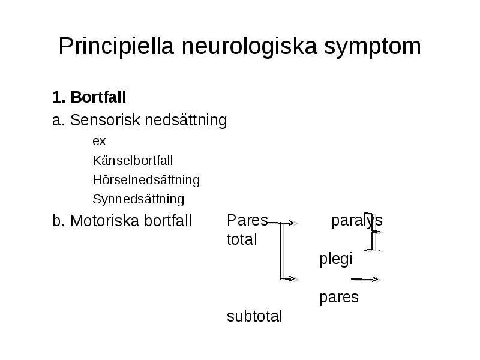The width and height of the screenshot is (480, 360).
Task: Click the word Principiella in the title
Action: [116, 47]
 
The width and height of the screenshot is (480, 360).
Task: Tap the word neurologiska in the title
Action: [249, 47]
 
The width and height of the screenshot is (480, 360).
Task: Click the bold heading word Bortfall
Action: [98, 97]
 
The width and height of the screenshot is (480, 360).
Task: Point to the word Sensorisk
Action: [106, 119]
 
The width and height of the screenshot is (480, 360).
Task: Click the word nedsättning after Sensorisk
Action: [186, 121]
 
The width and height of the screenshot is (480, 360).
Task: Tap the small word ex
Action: [99, 141]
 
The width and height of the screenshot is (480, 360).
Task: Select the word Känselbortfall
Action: [133, 160]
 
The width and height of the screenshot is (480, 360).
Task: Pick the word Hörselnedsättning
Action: [146, 180]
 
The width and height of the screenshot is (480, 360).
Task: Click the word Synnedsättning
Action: [139, 199]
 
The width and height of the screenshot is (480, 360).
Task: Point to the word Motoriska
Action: [104, 221]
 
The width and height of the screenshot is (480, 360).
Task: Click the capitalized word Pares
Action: [247, 220]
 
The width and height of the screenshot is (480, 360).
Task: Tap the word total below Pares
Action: [242, 239]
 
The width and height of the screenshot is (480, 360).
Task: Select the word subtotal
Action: [254, 316]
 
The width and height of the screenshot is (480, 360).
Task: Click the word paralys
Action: [357, 220]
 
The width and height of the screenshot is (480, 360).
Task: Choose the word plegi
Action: [336, 259]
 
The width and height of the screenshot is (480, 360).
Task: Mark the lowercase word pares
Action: [339, 298]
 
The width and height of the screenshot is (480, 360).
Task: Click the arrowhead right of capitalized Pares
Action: [292, 223]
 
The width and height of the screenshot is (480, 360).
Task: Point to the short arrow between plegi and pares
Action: [365, 279]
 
